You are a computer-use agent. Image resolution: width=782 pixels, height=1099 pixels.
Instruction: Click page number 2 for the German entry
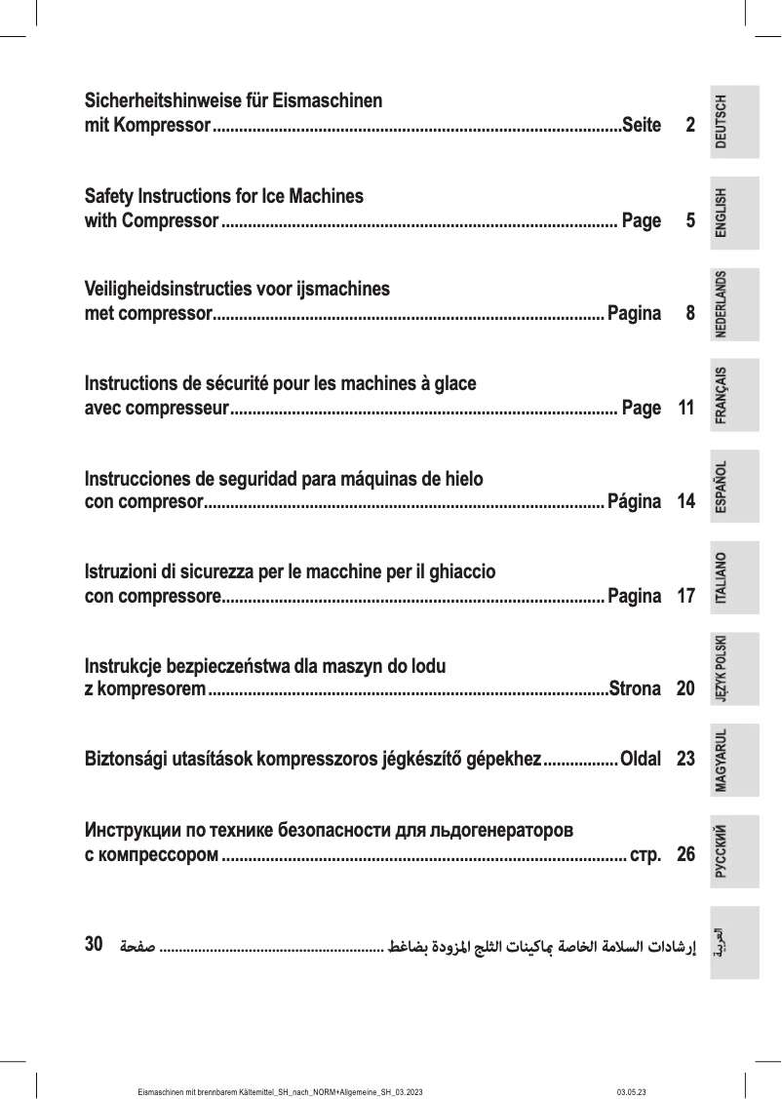tap(689, 126)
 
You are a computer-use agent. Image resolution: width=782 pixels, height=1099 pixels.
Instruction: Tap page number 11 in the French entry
tap(684, 409)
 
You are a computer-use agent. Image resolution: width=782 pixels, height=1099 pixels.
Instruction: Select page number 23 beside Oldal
tap(684, 758)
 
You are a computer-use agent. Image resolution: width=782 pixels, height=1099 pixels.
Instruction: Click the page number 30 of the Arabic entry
tap(95, 944)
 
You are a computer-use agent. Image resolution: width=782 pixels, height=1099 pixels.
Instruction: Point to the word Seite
tap(641, 126)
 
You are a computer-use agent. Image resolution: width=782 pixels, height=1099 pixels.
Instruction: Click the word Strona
tap(635, 690)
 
